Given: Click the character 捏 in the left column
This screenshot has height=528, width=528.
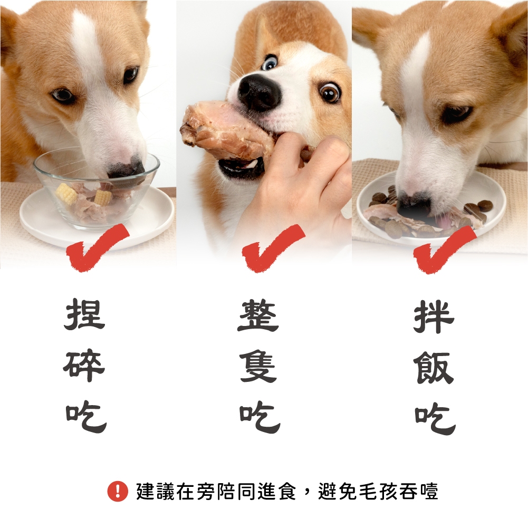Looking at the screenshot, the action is [84, 314].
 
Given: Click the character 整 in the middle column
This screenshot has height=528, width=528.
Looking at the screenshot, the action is [258, 315].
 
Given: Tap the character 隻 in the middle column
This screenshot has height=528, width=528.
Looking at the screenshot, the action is [258, 367].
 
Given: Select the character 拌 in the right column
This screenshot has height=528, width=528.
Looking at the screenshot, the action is [435, 316].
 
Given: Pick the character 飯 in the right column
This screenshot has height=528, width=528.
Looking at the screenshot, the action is [435, 368].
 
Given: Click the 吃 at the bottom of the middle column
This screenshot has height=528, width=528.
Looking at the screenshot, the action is [260, 418].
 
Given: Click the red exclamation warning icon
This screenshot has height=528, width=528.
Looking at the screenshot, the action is [118, 491].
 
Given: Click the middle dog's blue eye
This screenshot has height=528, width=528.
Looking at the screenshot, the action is [270, 63].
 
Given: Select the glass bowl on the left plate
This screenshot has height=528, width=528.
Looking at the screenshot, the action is [96, 189].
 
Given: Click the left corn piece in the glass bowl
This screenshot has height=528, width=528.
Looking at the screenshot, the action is [66, 194].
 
